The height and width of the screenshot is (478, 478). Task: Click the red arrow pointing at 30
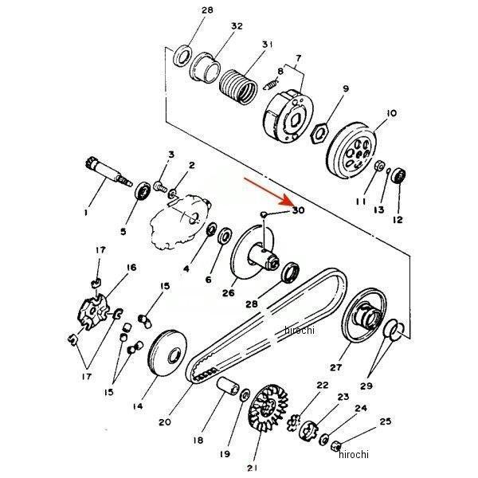268,191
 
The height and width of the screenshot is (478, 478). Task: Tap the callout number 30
299,210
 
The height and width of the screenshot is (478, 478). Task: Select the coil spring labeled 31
238,87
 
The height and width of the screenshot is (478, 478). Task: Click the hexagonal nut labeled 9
319,132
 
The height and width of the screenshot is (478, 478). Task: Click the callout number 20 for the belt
165,422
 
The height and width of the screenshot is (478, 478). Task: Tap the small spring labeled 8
271,84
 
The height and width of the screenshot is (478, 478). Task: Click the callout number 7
299,57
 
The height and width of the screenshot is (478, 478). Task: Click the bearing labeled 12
399,176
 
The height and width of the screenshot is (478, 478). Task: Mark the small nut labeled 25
335,446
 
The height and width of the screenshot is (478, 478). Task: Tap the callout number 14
138,406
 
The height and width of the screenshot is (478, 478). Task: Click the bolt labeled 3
161,186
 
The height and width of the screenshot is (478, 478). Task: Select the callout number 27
335,367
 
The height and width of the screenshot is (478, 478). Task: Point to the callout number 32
237,26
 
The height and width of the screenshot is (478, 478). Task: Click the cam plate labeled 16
93,312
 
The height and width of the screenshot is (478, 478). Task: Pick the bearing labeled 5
143,191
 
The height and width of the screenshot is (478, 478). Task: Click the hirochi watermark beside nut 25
354,454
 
